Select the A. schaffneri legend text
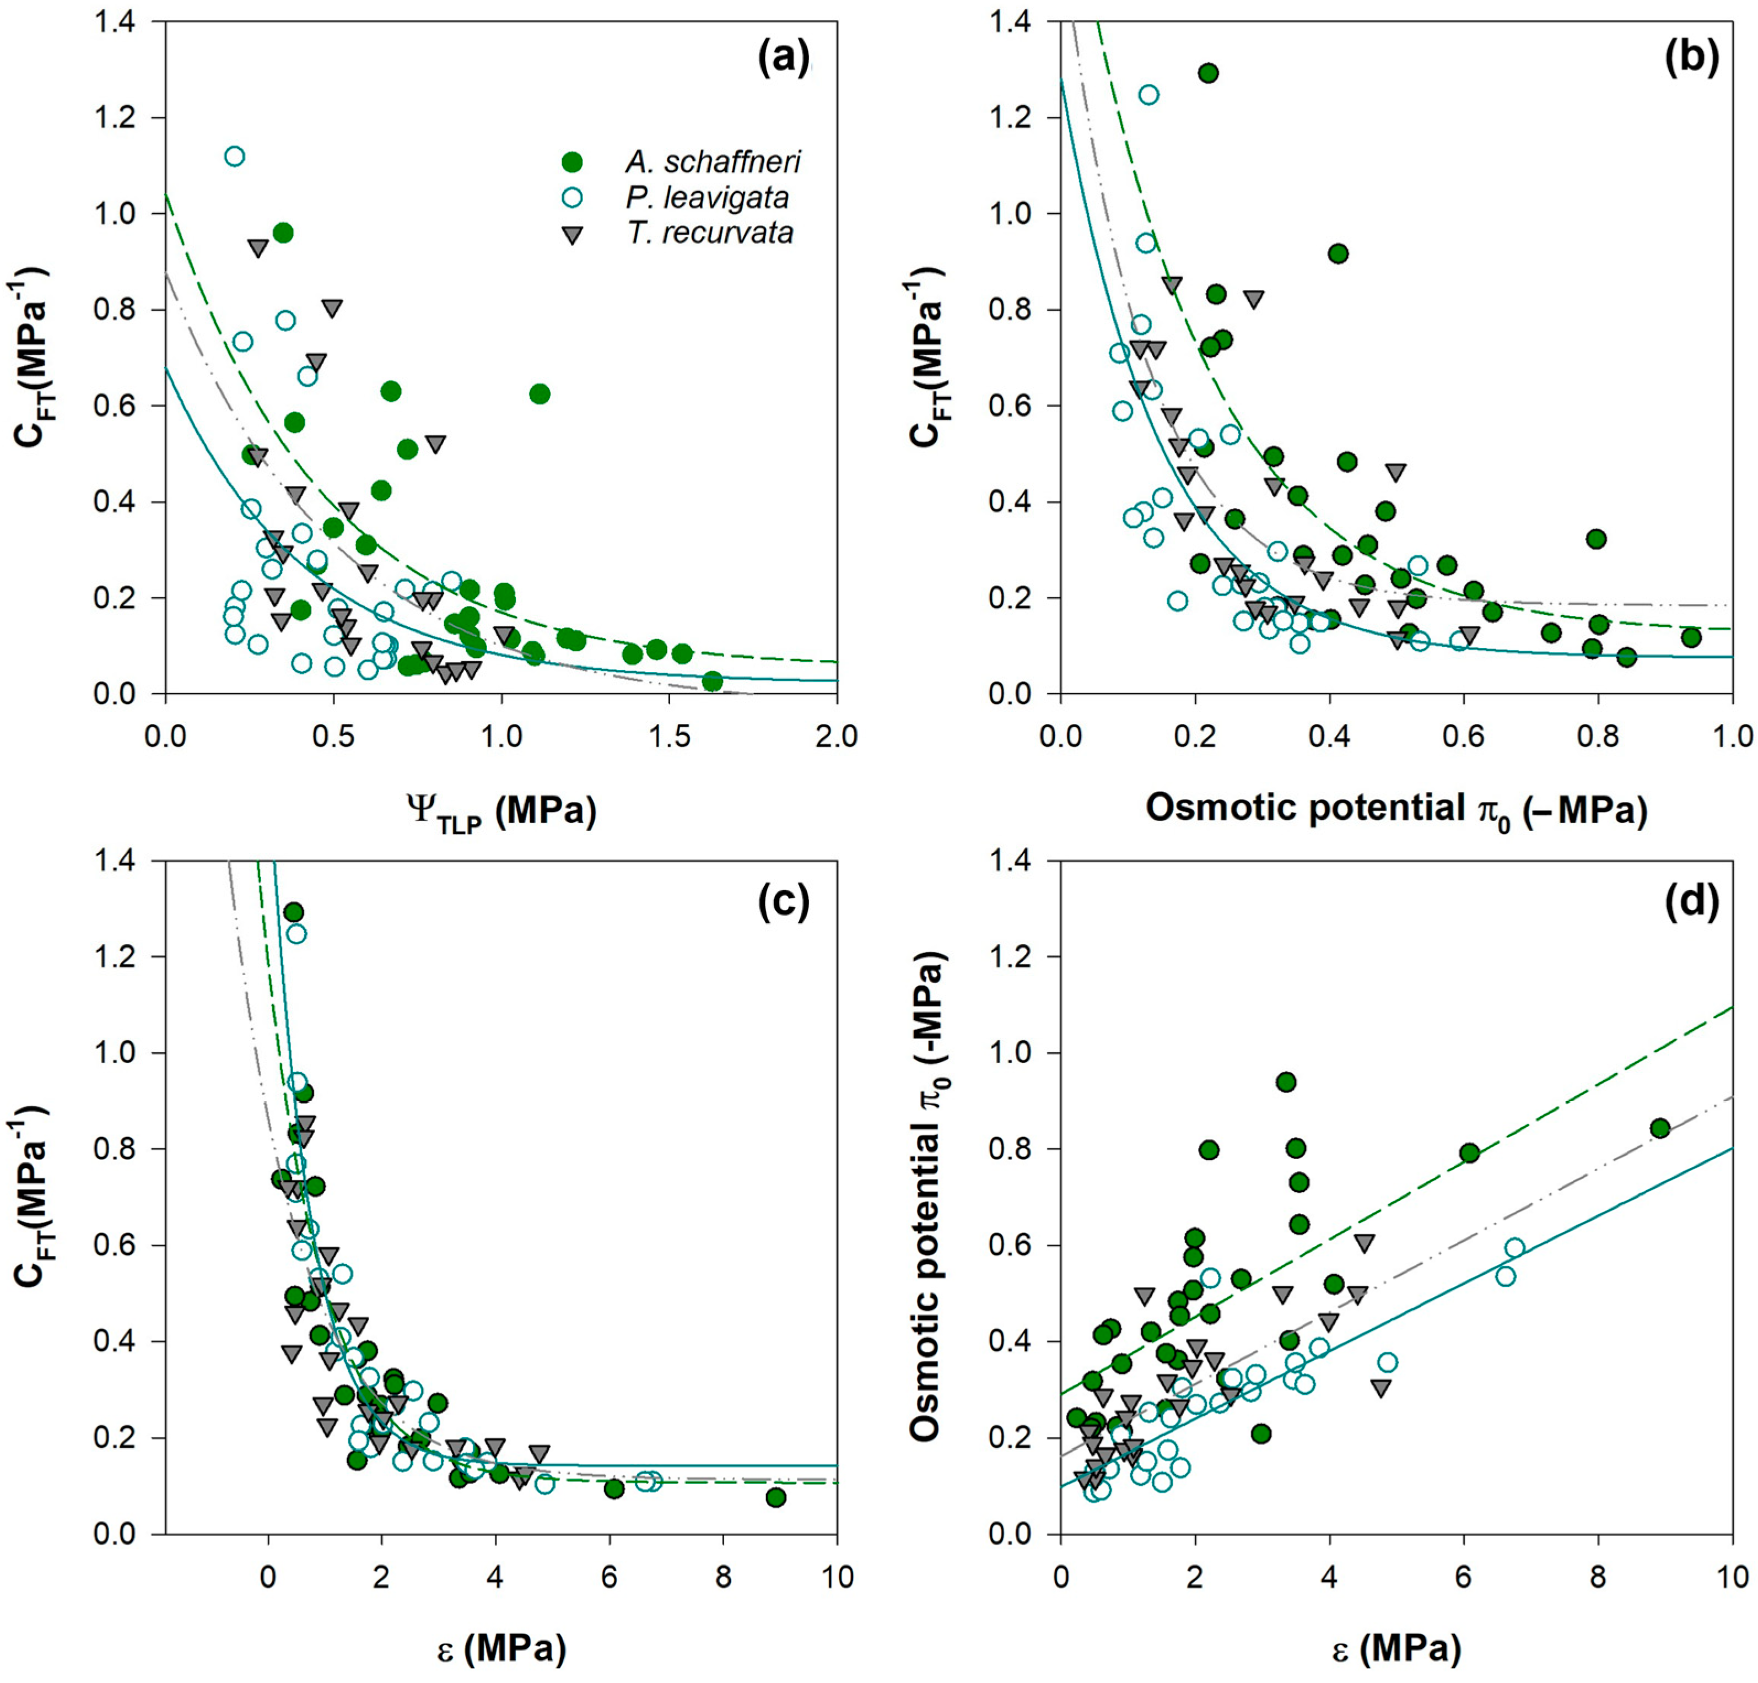point(712,163)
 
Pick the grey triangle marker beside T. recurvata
point(571,235)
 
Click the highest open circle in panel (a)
point(235,156)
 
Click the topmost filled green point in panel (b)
point(1208,73)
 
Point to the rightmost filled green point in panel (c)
point(776,1497)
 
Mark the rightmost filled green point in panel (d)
point(1659,1128)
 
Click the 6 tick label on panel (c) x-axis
point(610,1576)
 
